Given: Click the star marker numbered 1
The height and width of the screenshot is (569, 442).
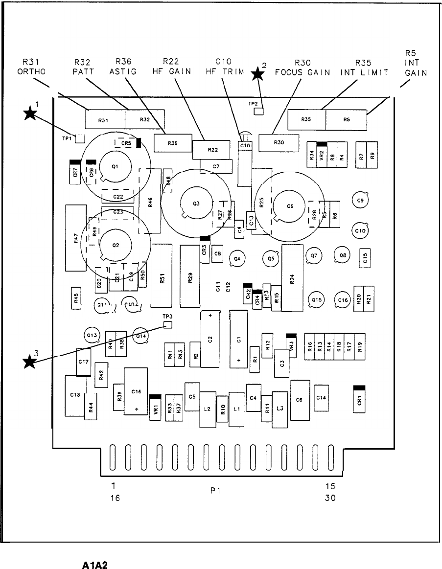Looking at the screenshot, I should pyautogui.click(x=30, y=114).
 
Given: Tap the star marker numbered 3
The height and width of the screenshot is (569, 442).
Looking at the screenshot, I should pyautogui.click(x=30, y=362).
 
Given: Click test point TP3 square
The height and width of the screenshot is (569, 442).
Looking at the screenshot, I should pyautogui.click(x=168, y=324).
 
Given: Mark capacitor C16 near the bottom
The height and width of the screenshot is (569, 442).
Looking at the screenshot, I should pyautogui.click(x=136, y=391).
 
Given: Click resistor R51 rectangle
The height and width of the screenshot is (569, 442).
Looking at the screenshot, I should pyautogui.click(x=162, y=274).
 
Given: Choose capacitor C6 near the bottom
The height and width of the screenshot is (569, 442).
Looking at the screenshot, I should pyautogui.click(x=300, y=400).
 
